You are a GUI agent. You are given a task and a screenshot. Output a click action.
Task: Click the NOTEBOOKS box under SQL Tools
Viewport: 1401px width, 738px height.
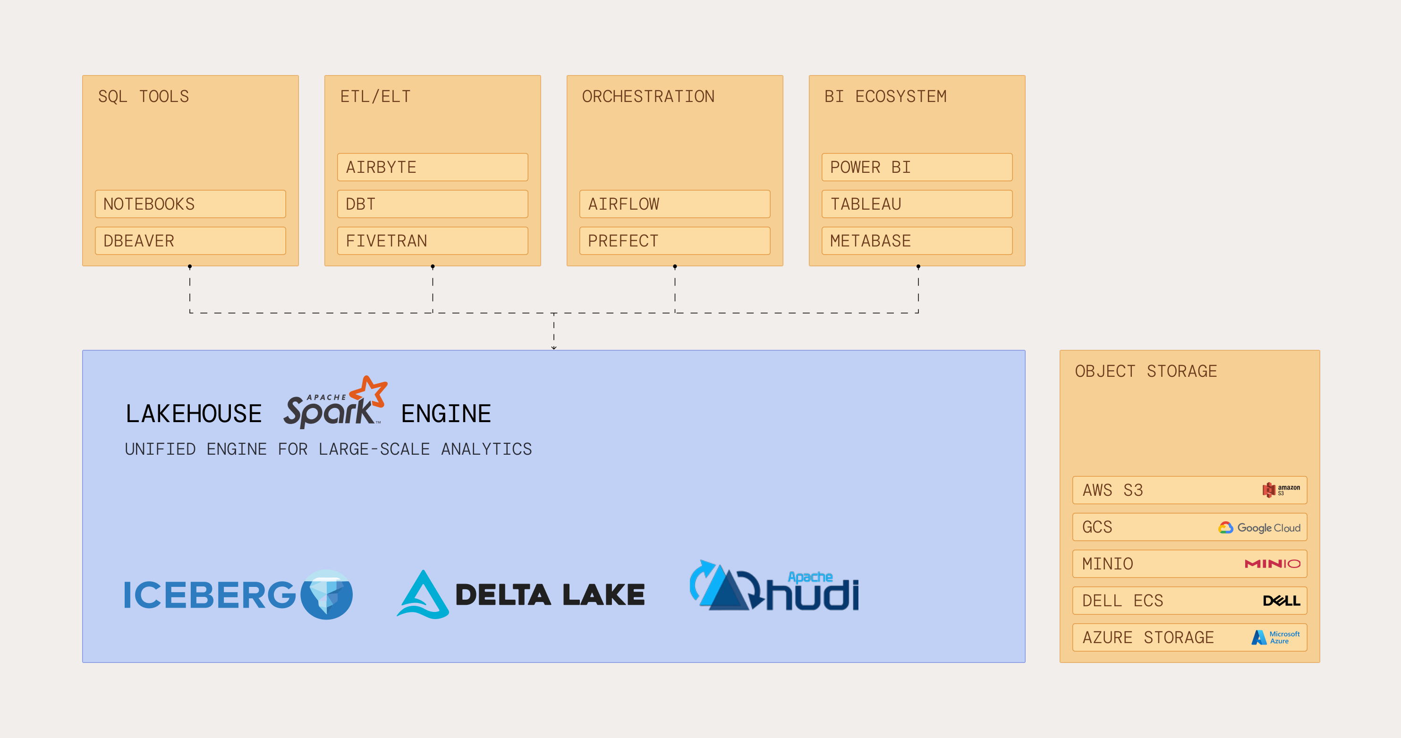(x=190, y=204)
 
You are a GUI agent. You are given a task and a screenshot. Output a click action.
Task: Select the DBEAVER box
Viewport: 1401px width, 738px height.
(x=190, y=241)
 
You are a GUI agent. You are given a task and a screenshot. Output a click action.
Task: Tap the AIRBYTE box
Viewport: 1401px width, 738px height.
(x=433, y=167)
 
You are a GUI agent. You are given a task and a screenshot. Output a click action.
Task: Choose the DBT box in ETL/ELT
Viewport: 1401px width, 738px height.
(x=433, y=204)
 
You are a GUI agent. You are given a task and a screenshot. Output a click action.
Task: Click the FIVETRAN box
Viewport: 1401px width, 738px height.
(x=433, y=241)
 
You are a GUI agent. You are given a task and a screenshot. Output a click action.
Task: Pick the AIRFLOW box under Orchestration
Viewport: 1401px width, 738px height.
(x=674, y=204)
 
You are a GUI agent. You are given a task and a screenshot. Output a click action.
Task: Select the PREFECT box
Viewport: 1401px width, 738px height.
(x=674, y=241)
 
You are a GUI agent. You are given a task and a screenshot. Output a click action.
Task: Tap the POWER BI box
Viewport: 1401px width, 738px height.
(x=917, y=167)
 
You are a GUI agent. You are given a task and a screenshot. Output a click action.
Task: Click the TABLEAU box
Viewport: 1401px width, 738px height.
(x=917, y=204)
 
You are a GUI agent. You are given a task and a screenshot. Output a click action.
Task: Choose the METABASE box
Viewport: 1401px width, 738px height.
(x=917, y=241)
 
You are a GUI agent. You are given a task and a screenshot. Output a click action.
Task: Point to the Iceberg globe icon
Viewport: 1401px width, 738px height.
(x=326, y=594)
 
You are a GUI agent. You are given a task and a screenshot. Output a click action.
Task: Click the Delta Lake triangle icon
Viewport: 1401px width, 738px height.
(x=423, y=595)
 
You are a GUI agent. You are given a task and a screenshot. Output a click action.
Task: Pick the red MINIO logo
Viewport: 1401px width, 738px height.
(x=1272, y=564)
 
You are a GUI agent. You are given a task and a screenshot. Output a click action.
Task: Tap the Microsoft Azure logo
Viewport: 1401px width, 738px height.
(x=1275, y=637)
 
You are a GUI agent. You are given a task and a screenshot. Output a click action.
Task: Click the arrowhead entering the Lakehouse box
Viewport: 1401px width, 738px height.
(x=554, y=348)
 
